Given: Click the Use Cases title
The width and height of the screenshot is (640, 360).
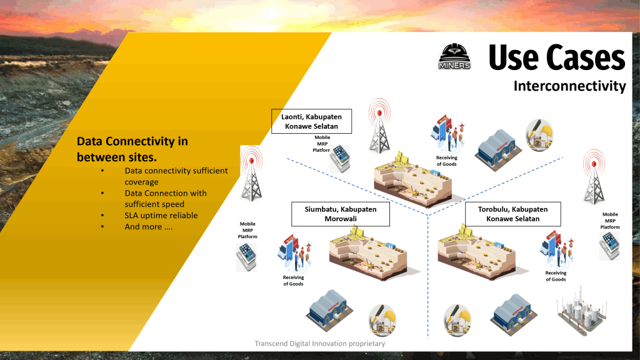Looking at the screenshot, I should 556,58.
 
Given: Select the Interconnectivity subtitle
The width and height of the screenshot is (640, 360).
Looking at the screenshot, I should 569,86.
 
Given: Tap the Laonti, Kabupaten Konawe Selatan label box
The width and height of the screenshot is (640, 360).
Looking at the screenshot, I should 311,121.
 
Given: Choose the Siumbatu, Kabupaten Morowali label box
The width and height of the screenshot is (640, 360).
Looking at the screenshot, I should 341,214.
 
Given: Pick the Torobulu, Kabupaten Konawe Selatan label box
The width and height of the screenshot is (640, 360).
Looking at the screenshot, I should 512,214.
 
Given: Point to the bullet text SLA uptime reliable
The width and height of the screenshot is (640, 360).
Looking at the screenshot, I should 161,215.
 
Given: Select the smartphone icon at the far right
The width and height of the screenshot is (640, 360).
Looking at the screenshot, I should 609,245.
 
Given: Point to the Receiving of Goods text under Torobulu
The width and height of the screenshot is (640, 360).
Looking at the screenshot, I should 556,276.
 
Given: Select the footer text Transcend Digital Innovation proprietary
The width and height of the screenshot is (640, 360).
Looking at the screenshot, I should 319,344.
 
